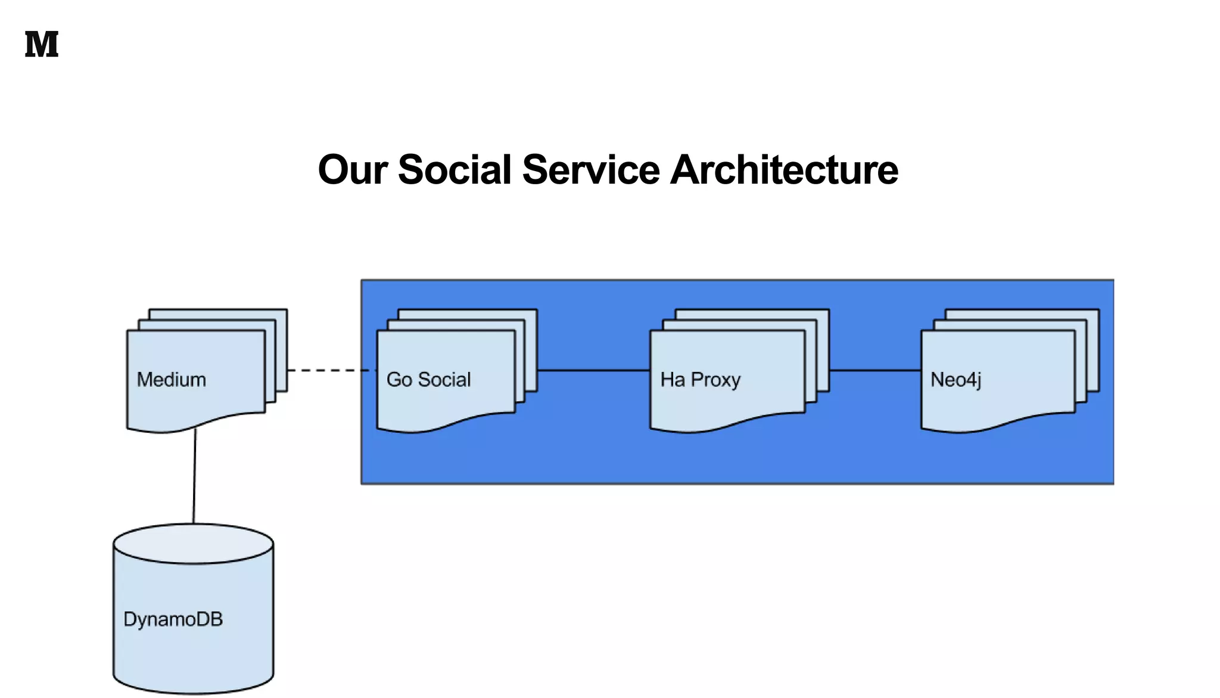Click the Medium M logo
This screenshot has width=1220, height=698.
pos(42,45)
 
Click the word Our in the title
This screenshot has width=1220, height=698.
pos(353,170)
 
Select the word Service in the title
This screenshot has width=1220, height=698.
pos(590,170)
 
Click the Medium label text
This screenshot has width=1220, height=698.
pos(172,380)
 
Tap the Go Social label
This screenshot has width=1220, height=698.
pos(428,380)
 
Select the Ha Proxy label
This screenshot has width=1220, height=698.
pos(700,380)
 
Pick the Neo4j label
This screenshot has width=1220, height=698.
pos(956,380)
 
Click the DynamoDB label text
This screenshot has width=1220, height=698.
pos(173,619)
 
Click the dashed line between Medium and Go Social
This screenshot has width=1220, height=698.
pos(331,370)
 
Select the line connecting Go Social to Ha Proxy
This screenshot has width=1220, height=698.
pos(593,370)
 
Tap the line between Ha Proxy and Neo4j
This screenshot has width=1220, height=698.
pos(874,370)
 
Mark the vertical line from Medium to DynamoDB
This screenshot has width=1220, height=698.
pos(194,477)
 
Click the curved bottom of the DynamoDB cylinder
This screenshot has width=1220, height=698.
pos(194,691)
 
